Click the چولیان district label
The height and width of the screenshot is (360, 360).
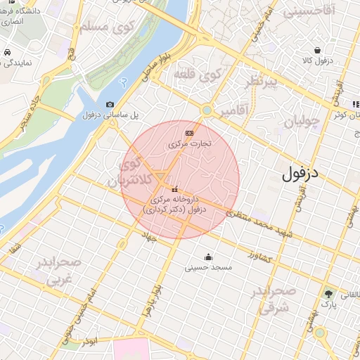(x=302, y=121)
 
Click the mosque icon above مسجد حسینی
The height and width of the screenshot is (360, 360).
(x=208, y=257)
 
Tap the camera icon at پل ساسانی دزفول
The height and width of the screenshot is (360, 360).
(x=110, y=105)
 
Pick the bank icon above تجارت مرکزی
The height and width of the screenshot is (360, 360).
(x=189, y=133)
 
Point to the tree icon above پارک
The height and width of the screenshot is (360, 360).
(x=328, y=292)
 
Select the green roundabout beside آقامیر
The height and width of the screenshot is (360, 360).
(x=206, y=110)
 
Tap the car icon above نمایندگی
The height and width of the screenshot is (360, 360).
(x=6, y=53)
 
